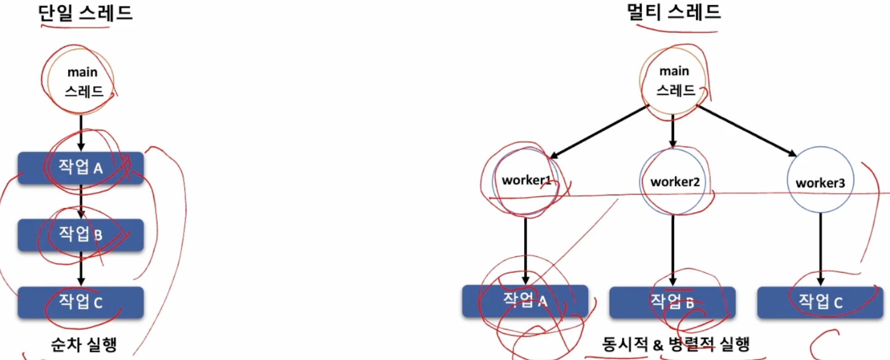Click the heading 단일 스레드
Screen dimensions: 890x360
pyautogui.click(x=85, y=13)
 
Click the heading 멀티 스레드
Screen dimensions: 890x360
pyautogui.click(x=674, y=12)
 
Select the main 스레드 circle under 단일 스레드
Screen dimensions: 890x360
pyautogui.click(x=81, y=81)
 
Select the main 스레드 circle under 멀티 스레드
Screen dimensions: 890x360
pyautogui.click(x=674, y=81)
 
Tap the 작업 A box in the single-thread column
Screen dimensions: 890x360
pyautogui.click(x=80, y=168)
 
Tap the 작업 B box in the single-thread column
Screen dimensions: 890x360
pyautogui.click(x=80, y=235)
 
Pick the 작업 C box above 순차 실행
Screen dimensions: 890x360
pyautogui.click(x=80, y=302)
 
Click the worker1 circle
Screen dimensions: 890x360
pyautogui.click(x=525, y=180)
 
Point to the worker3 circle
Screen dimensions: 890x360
pyautogui.click(x=820, y=181)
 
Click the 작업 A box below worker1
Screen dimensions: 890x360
pyautogui.click(x=525, y=301)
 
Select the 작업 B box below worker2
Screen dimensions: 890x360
pyautogui.click(x=672, y=302)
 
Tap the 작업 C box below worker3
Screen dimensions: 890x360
pyautogui.click(x=820, y=302)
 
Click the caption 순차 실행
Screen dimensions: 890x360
pyautogui.click(x=84, y=344)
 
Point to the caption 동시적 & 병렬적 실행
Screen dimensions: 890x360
pyautogui.click(x=675, y=344)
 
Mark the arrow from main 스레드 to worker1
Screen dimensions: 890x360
pyautogui.click(x=600, y=132)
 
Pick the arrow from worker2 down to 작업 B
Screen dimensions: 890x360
pyautogui.click(x=673, y=249)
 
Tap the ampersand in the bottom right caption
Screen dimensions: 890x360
pyautogui.click(x=658, y=345)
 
